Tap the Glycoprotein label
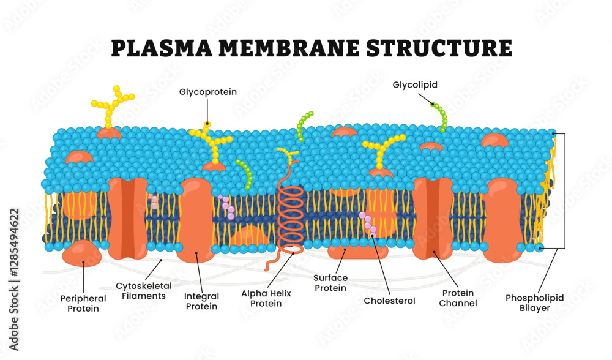(207, 92)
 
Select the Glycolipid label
(415, 85)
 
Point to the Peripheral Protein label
(83, 303)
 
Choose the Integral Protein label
(201, 301)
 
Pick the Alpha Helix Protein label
(266, 298)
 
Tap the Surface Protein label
(332, 282)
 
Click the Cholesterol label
(389, 301)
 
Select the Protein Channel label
(458, 298)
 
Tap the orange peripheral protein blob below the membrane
(81, 253)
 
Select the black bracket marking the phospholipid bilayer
(564, 190)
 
